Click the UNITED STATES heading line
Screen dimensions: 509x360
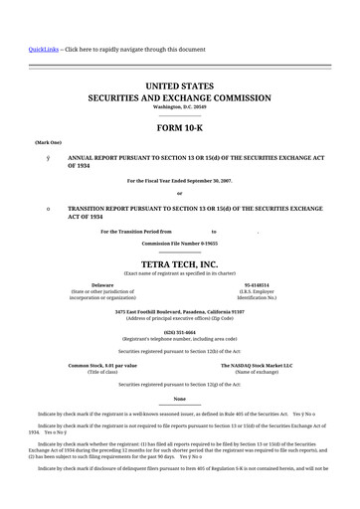(179, 87)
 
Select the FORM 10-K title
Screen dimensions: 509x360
(179, 128)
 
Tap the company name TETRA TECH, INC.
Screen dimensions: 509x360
(179, 263)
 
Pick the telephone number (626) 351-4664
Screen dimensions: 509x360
(179, 331)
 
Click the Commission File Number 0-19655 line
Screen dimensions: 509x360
(179, 243)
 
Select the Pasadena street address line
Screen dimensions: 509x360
(179, 310)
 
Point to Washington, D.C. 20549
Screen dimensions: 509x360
(179, 107)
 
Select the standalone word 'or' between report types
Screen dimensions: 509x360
(179, 193)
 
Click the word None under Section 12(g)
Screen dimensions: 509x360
(179, 399)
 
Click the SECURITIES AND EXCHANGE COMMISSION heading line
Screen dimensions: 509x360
(179, 99)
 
